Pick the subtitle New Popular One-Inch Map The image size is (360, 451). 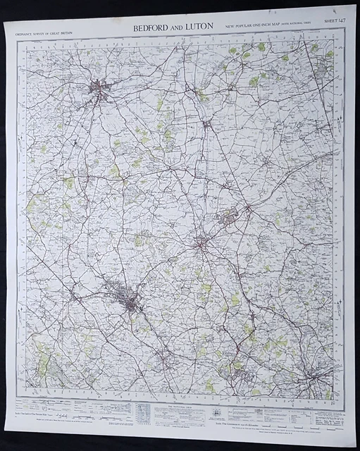click(255, 26)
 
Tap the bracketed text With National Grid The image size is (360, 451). click(292, 26)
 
